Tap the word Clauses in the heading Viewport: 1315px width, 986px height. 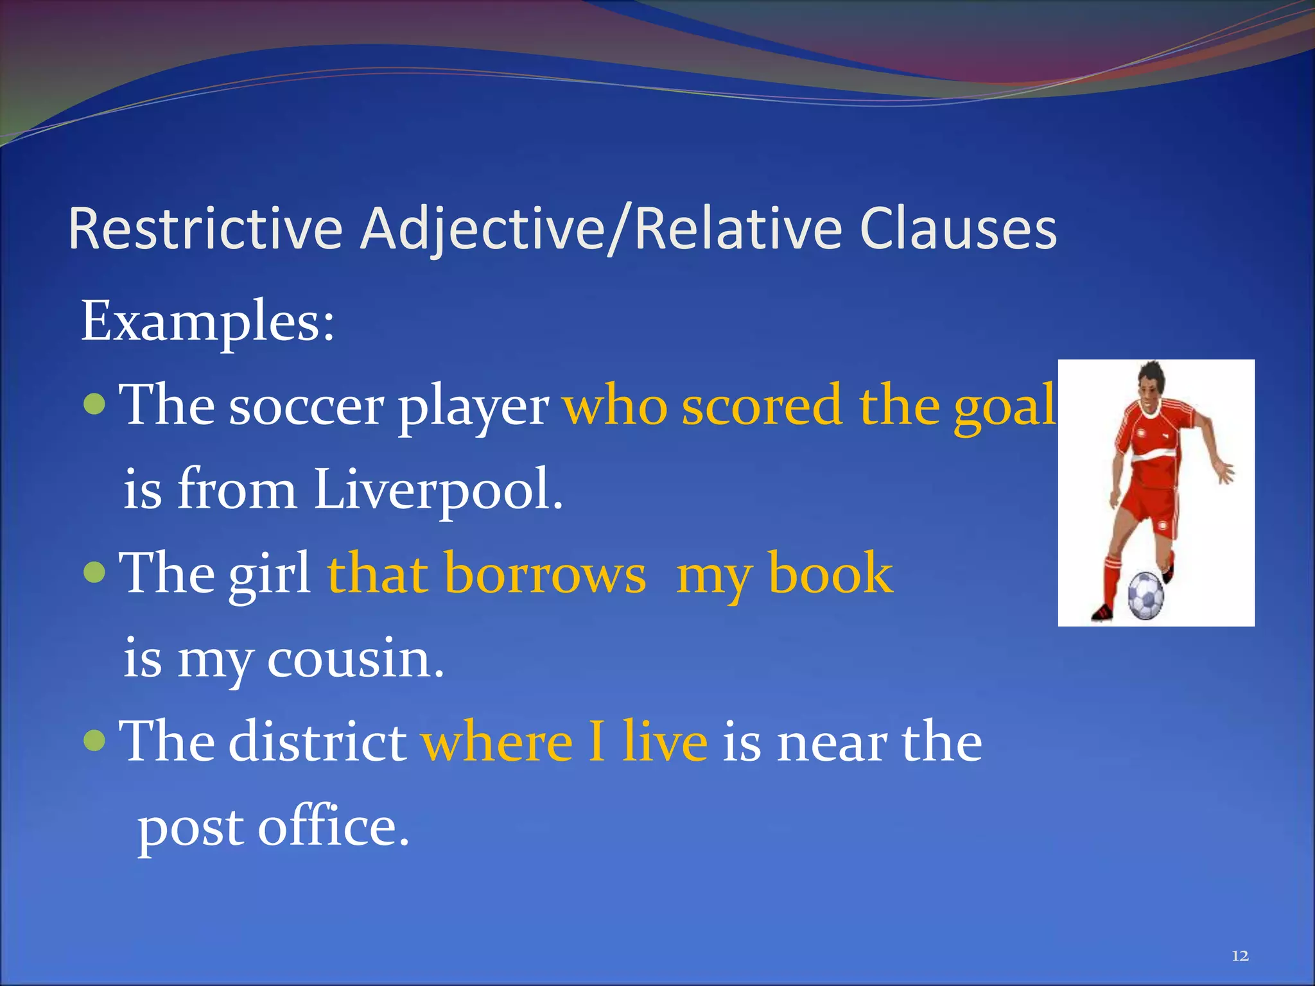click(x=958, y=229)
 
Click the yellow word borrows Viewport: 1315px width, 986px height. click(x=545, y=574)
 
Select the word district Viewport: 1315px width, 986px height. click(x=318, y=742)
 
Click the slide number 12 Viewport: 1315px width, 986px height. click(x=1240, y=956)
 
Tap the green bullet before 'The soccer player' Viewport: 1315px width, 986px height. click(x=94, y=404)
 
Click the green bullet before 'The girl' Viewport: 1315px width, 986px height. click(x=94, y=572)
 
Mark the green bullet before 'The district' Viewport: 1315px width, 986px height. click(x=94, y=740)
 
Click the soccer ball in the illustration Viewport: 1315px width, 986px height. click(x=1145, y=596)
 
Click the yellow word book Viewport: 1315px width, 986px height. click(x=830, y=574)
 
